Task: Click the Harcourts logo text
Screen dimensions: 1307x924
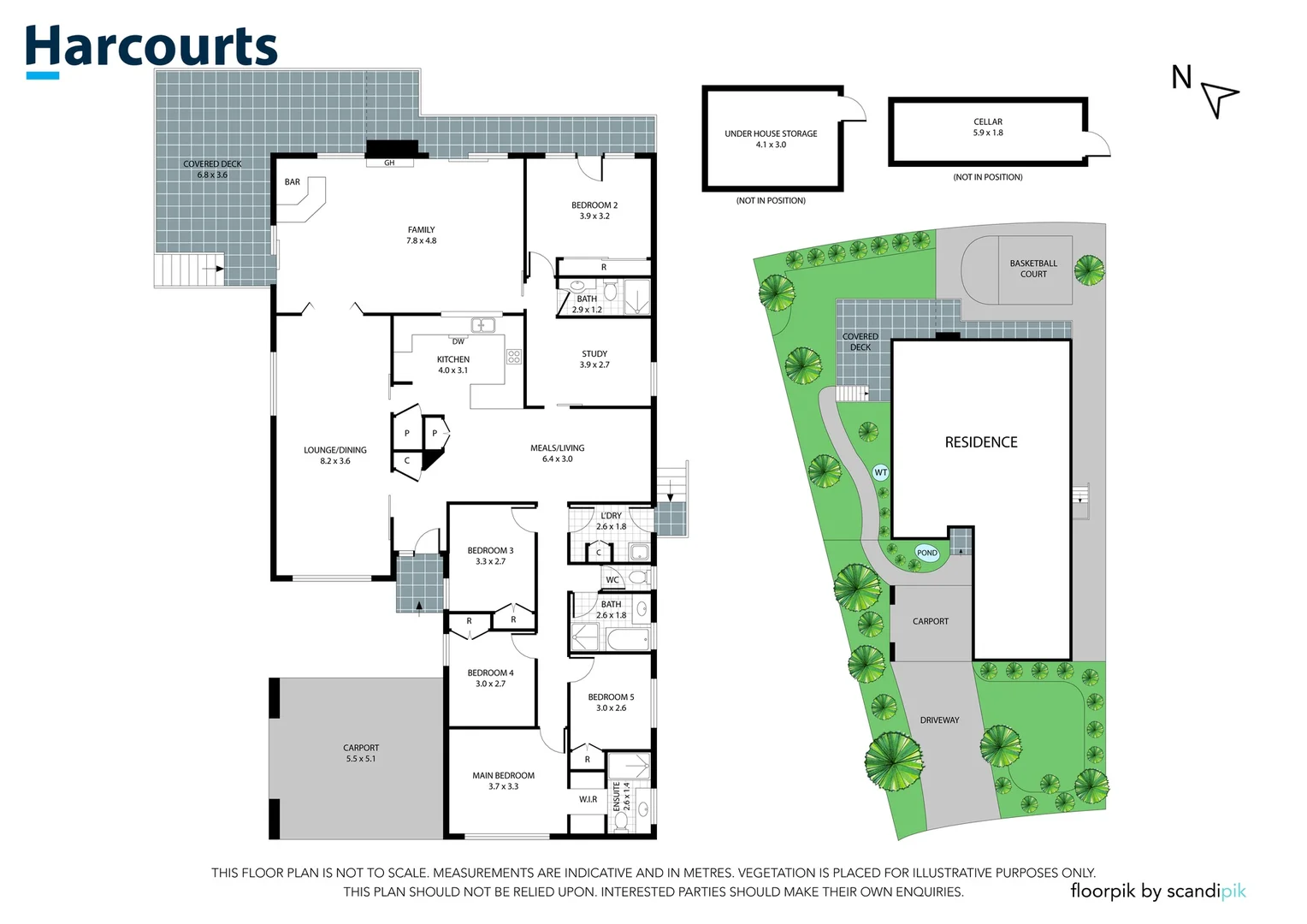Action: coord(151,47)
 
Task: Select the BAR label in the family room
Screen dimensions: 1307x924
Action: coord(293,182)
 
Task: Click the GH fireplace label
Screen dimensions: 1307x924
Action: coord(389,163)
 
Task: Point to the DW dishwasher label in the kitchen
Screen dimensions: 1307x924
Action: coord(458,341)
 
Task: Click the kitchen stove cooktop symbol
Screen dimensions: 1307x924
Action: coord(513,356)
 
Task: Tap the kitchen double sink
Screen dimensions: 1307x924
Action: coord(483,325)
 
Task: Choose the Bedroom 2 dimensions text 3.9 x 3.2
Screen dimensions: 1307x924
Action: coord(594,216)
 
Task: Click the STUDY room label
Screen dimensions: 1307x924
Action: coord(594,353)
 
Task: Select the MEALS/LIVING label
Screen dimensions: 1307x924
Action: coord(557,447)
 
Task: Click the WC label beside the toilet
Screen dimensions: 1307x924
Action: coord(612,579)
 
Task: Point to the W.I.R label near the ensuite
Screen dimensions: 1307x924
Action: coord(588,799)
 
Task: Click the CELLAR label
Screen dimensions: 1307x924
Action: coord(988,121)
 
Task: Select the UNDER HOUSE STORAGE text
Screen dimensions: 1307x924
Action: coord(771,133)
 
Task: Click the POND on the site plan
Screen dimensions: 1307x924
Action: coord(926,553)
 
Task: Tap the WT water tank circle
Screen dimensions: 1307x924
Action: coord(880,472)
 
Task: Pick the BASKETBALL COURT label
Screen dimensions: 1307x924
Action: coord(1033,269)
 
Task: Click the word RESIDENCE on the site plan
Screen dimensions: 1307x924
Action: coord(981,442)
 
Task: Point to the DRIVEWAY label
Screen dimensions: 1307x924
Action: coord(939,720)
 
